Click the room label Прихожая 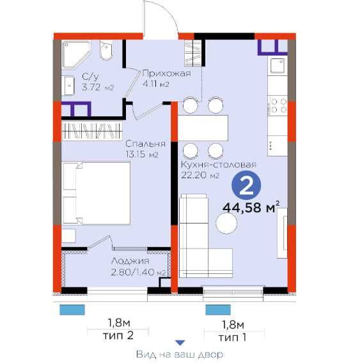[166, 73]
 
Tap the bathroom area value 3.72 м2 [98, 87]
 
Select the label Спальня [146, 144]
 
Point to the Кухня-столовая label [219, 165]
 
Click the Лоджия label [130, 261]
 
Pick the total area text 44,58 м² [251, 208]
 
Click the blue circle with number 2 [246, 185]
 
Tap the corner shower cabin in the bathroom [76, 54]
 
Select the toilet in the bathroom [106, 50]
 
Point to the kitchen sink [277, 66]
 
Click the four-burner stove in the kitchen [278, 105]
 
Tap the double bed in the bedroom [97, 193]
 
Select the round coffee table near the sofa [226, 223]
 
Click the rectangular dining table [203, 128]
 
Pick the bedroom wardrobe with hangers [92, 131]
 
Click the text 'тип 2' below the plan [118, 335]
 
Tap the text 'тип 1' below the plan [232, 337]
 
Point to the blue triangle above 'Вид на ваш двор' [180, 343]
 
